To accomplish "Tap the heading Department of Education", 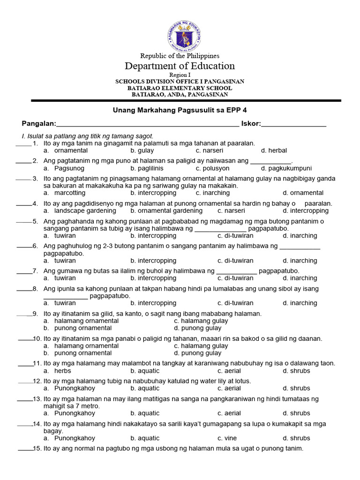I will [x=180, y=66].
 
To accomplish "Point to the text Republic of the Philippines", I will [x=180, y=56].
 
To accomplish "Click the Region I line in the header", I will [x=180, y=75].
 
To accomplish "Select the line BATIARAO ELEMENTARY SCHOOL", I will [x=180, y=88].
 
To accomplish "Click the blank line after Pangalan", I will [x=147, y=125].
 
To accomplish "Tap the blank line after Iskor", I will [x=294, y=125].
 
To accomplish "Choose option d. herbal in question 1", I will [x=274, y=150].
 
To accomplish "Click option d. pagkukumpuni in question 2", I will [x=286, y=168].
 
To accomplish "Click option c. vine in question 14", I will [x=227, y=438].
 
